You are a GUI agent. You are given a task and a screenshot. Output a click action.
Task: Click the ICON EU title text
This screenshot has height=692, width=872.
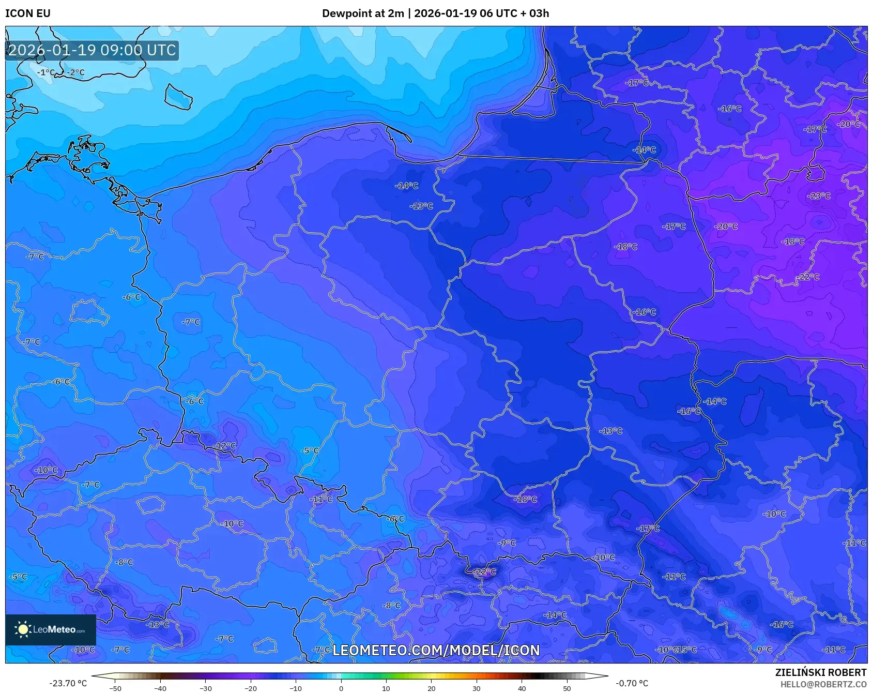click(28, 13)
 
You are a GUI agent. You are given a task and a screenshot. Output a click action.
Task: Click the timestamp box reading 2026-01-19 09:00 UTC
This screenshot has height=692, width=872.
click(92, 50)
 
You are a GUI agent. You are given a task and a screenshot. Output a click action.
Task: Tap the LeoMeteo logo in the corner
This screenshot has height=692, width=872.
click(50, 629)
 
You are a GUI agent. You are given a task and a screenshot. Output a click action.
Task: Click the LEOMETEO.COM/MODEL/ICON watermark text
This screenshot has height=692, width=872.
click(436, 650)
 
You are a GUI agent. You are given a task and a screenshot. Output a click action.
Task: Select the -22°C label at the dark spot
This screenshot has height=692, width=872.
click(485, 571)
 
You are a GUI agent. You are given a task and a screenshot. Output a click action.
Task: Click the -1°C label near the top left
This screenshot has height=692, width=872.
click(46, 72)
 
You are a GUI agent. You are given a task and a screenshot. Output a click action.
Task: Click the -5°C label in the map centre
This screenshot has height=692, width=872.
click(310, 450)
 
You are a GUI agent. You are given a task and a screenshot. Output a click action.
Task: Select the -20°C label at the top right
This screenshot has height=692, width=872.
click(849, 124)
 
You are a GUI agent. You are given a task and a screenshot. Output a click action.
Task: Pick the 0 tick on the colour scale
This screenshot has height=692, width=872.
click(341, 688)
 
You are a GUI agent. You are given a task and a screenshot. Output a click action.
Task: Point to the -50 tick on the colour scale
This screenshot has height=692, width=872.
click(115, 688)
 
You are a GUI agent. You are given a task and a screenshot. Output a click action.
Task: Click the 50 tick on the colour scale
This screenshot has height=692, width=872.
click(567, 688)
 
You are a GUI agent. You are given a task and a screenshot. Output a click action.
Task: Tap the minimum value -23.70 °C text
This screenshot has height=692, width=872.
click(68, 683)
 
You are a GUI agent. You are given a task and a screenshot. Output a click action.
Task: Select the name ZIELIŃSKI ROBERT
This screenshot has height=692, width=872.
click(820, 672)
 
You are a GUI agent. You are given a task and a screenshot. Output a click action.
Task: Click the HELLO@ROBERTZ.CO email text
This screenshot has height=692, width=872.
click(823, 684)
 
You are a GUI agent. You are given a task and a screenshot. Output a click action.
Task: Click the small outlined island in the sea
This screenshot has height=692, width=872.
click(178, 97)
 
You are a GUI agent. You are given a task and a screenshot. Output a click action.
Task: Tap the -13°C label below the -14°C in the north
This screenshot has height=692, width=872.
click(421, 206)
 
